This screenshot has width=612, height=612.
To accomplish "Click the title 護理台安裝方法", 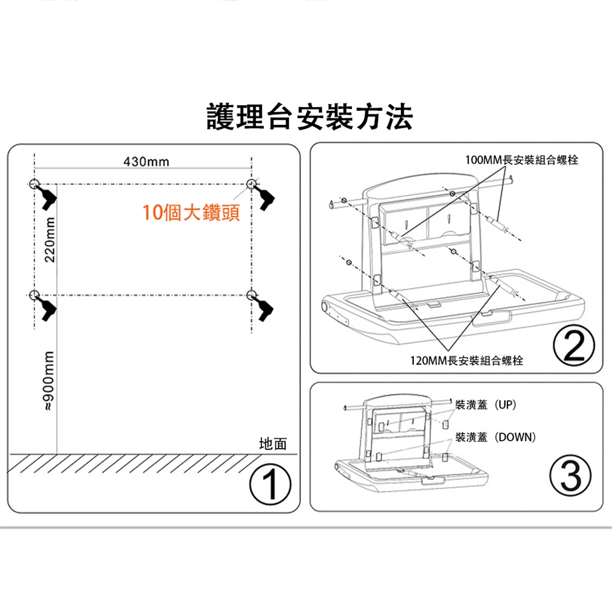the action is point(310,116).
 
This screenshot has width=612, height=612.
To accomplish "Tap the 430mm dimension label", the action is point(147,161).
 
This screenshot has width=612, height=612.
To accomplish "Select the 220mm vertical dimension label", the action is point(50,239).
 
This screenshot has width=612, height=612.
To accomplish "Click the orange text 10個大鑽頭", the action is point(191,212).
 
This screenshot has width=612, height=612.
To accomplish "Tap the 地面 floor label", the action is point(273,444).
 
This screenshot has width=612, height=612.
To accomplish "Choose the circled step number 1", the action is point(270,484).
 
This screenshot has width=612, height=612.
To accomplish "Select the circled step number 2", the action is point(574,346).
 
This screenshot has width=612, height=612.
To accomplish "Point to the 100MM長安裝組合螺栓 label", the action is point(521,159).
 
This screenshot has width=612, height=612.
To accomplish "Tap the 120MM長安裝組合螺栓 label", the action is point(467,360).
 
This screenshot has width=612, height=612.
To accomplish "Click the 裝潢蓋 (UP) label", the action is point(486,405).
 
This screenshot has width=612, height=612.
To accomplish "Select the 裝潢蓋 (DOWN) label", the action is point(495,437).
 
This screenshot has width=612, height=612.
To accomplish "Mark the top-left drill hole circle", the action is point(34,184).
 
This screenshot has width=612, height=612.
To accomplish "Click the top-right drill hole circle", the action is point(252,184).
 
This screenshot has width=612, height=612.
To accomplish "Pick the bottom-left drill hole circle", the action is point(34,295).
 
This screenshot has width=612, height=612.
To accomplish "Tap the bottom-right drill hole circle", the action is point(252,295).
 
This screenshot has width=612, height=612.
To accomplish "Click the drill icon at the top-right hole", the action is point(264,197).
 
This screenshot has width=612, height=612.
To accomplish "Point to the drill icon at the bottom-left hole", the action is point(46,309).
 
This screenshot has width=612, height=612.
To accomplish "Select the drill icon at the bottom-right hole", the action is point(263,309).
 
